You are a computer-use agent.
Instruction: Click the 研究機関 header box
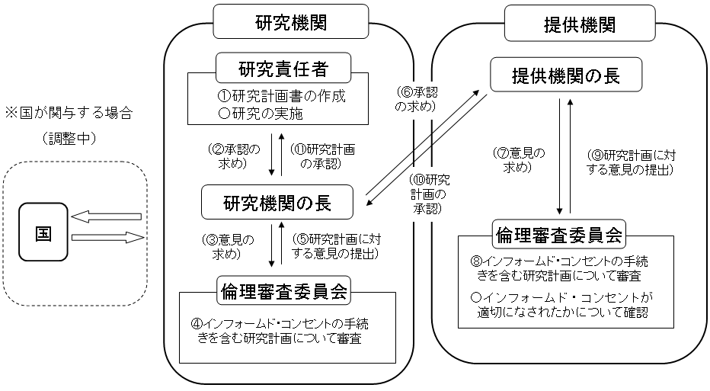point(291,23)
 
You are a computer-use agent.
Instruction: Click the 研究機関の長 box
point(277,204)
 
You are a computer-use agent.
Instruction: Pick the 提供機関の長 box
point(566,77)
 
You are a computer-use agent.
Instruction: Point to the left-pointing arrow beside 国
point(107,217)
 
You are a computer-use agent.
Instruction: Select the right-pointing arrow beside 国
point(107,238)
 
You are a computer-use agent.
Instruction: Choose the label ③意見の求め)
point(229,246)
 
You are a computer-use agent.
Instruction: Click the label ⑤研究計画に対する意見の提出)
point(335,246)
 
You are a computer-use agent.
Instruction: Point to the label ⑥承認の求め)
point(415,99)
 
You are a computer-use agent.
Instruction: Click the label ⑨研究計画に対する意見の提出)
point(632,162)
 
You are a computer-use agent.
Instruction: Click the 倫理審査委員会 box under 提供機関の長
point(564,234)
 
